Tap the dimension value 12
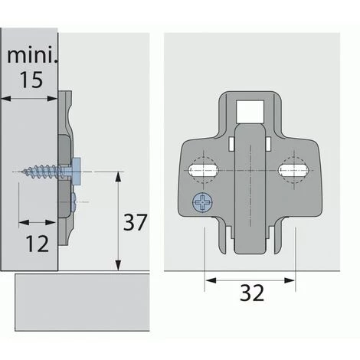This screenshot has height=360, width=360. [37, 244]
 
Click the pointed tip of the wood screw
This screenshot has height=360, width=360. [16, 172]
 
